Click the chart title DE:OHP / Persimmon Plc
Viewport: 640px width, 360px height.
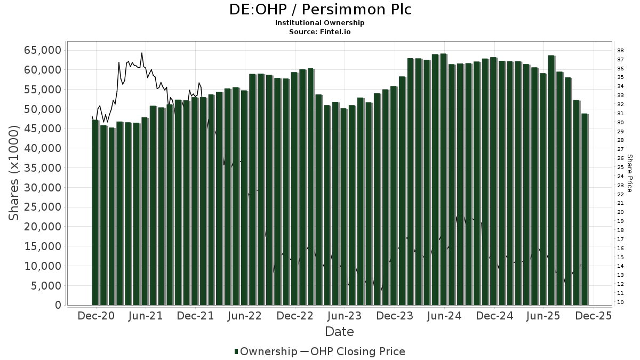320,10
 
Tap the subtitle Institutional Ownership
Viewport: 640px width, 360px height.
320,23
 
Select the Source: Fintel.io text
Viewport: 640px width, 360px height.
320,31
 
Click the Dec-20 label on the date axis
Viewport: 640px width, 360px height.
96,316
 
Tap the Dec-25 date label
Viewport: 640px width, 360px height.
593,316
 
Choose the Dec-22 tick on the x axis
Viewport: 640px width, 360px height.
294,316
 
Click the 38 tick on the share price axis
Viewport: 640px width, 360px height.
621,51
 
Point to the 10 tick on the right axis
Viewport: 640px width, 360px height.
621,302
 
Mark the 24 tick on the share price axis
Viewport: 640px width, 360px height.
621,176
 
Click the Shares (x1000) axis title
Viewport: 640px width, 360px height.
15,173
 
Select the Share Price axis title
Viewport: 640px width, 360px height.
630,173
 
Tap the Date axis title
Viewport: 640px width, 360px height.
339,332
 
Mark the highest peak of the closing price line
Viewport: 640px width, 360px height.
141,53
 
